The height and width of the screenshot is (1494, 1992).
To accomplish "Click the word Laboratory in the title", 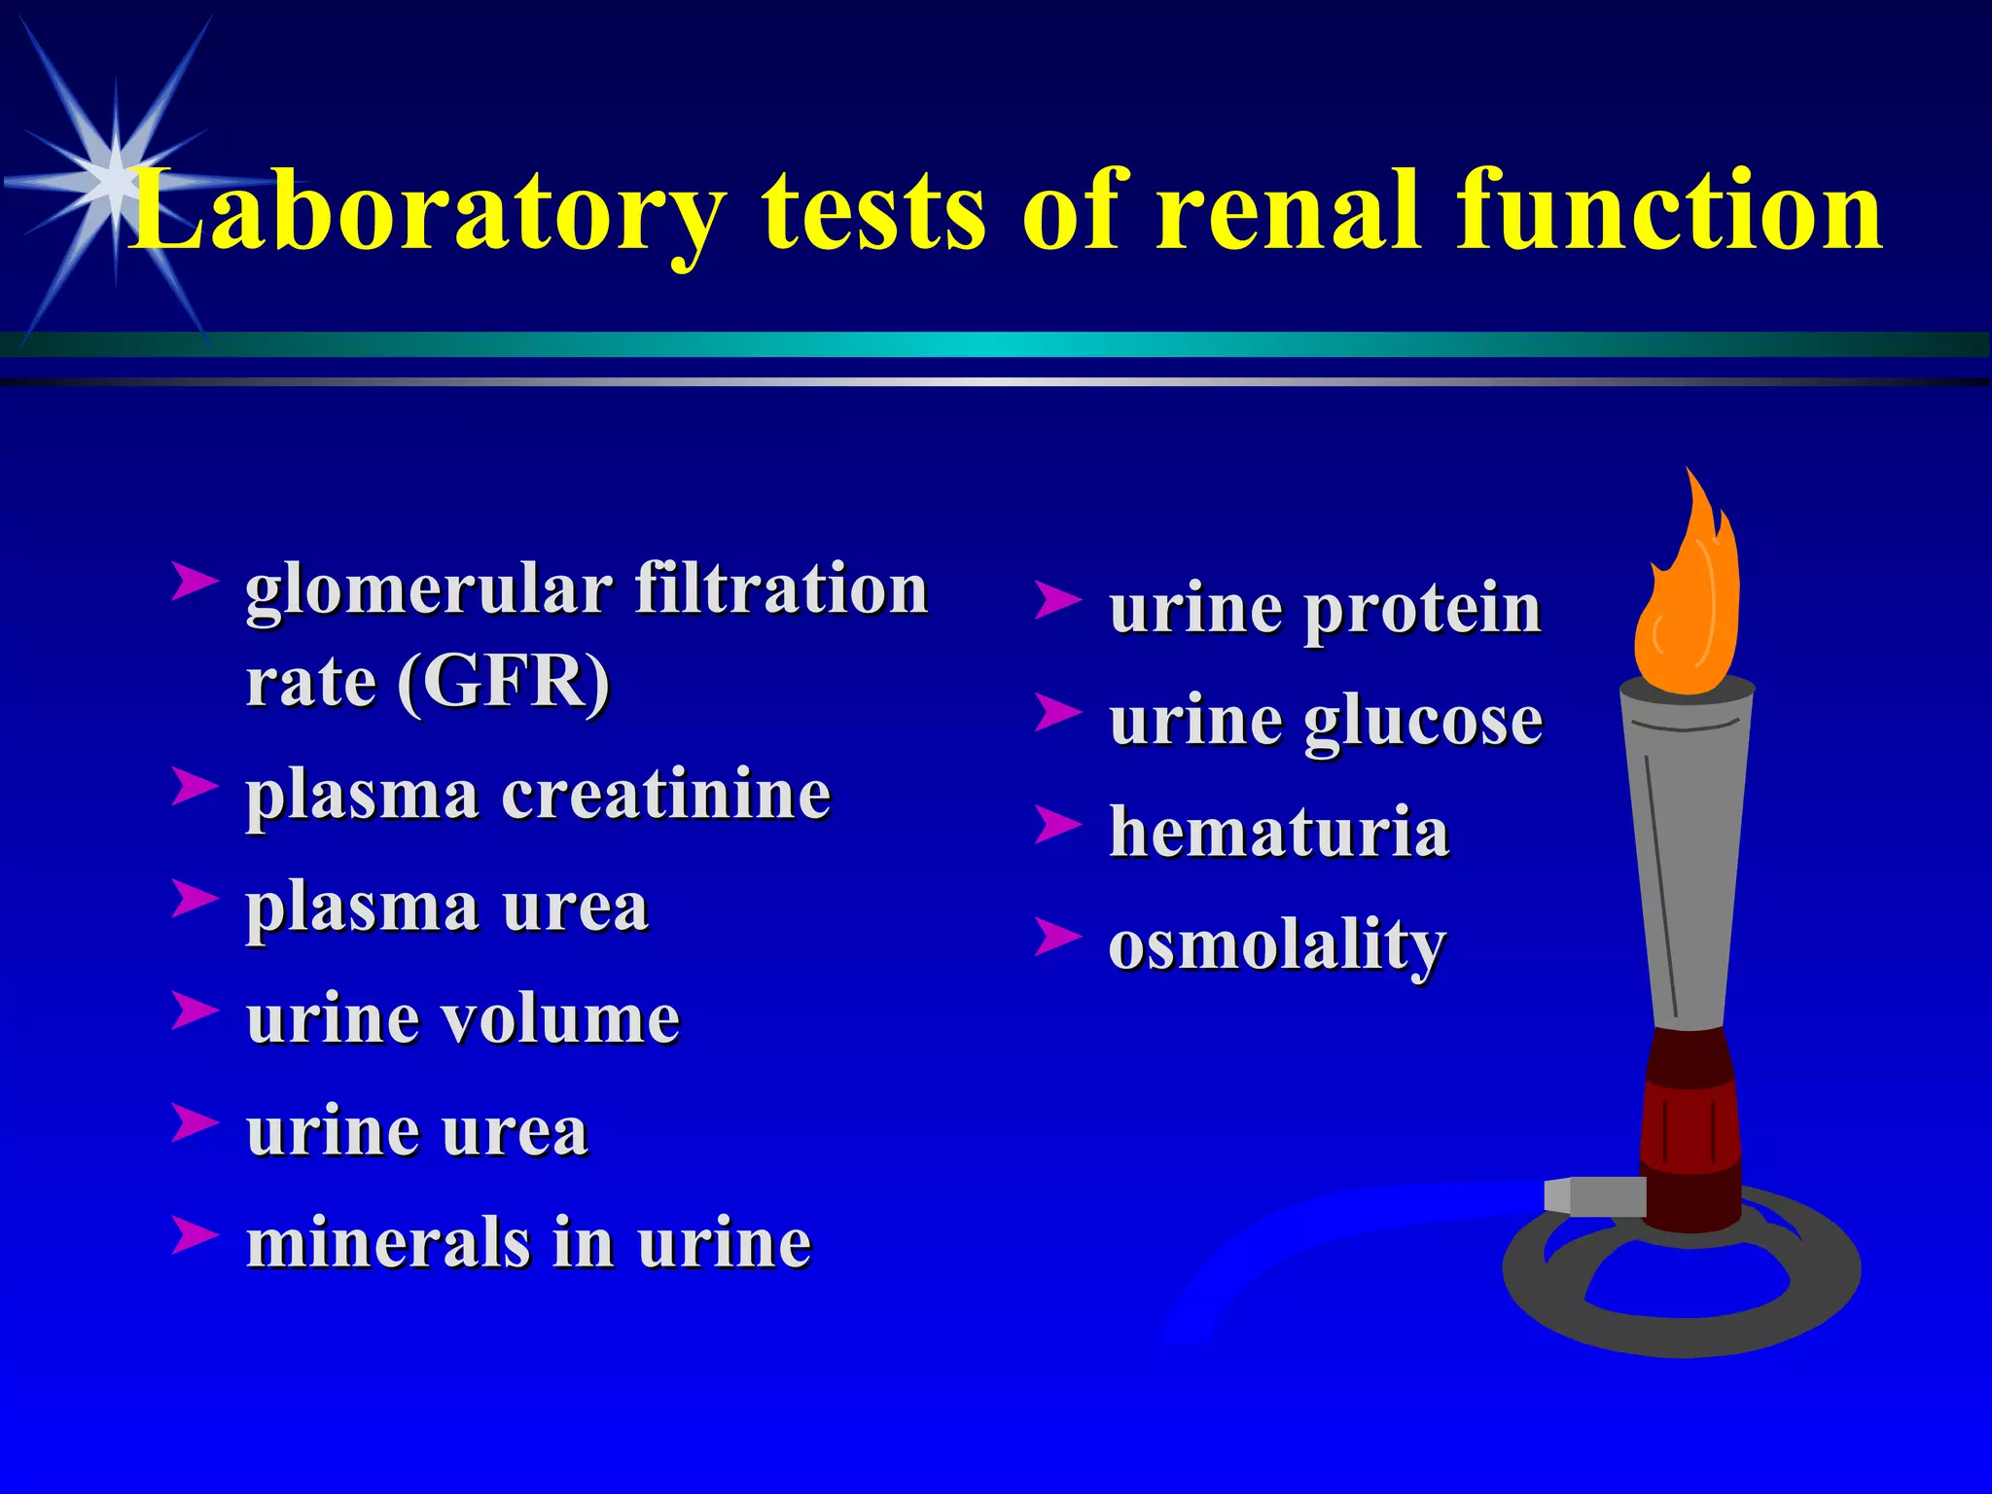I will point(428,210).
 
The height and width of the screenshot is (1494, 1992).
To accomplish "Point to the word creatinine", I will point(666,795).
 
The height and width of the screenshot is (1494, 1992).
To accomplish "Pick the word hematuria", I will point(1279,833).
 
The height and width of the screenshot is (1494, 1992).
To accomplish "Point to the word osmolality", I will point(1277,944).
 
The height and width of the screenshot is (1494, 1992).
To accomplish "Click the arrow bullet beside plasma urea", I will point(194,898).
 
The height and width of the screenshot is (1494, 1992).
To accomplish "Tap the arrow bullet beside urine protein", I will point(1056,600).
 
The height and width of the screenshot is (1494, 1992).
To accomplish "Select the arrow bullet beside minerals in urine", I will point(194,1234).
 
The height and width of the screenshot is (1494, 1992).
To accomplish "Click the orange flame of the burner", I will point(1688,603).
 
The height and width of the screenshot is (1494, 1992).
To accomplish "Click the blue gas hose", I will point(1313,1235).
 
